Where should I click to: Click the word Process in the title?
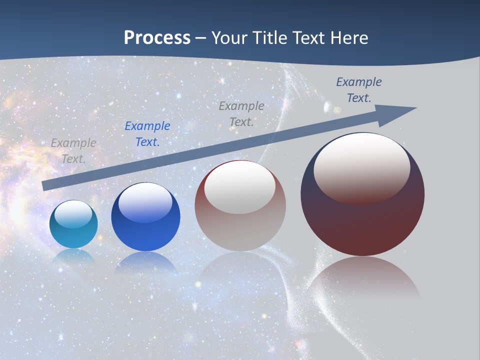[x=157, y=38]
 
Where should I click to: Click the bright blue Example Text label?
[x=147, y=134]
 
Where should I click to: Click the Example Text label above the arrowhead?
[x=359, y=90]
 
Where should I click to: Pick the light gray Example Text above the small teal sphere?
[x=73, y=151]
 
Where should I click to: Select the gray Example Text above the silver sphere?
[x=241, y=114]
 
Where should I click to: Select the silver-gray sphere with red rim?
[x=240, y=225]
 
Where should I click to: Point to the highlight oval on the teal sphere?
[x=73, y=214]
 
